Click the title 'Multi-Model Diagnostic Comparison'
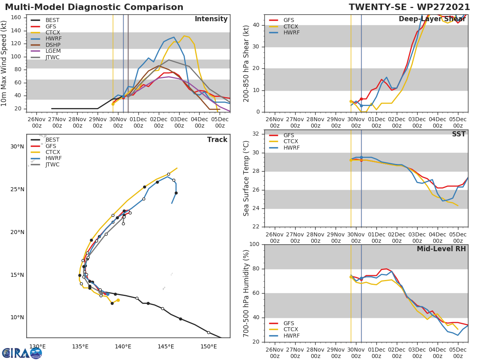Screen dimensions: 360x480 click(94, 7)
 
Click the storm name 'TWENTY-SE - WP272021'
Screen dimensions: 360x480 click(409, 7)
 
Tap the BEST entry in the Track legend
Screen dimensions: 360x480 click(52, 140)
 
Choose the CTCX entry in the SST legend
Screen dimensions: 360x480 click(290, 142)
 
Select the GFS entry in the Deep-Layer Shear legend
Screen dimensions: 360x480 click(288, 20)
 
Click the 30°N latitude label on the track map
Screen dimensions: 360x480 click(17, 147)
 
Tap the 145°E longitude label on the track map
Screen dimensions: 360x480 click(166, 347)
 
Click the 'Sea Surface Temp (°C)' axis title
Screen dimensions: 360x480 click(246, 178)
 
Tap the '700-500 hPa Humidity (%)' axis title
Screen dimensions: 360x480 click(246, 293)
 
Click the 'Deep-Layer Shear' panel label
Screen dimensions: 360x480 click(432, 19)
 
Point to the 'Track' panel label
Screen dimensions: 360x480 click(217, 140)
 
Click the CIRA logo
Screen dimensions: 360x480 click(22, 353)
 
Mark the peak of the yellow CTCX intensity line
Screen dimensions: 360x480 click(184, 36)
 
